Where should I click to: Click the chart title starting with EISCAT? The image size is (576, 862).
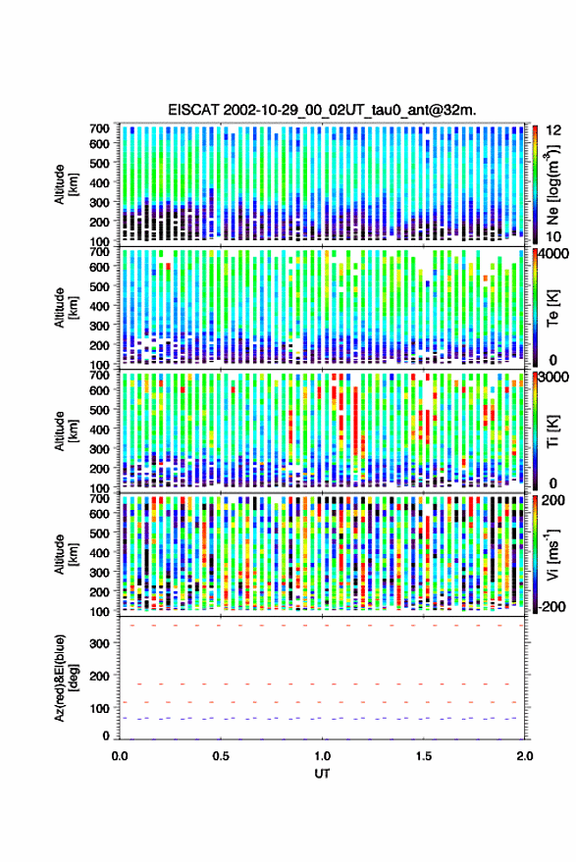coord(323,110)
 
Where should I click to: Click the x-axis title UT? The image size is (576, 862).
coord(323,774)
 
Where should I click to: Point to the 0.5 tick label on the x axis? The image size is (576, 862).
coord(221,756)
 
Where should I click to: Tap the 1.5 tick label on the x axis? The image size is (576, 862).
coord(424,756)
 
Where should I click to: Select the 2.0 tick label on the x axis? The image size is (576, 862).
coord(525,756)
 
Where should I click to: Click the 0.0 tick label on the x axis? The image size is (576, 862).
coord(120,756)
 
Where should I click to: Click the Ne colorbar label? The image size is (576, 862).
coord(551,184)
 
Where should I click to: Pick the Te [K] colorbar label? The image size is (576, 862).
coord(552,307)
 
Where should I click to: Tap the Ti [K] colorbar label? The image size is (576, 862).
coord(552,431)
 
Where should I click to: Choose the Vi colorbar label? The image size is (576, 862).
coord(551,554)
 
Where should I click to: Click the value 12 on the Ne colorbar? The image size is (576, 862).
coord(554,130)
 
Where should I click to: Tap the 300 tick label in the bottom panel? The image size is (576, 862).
coord(99,643)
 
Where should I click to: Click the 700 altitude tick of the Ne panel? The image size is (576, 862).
coord(99,128)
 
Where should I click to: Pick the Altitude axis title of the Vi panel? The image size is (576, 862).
coord(65,554)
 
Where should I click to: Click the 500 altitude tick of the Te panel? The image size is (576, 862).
coord(99,286)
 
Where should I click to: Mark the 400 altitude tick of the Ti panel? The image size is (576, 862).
coord(99,430)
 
